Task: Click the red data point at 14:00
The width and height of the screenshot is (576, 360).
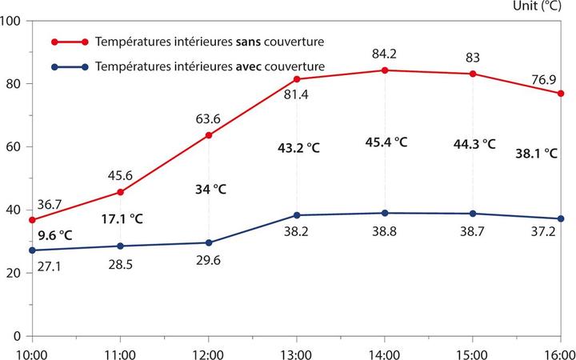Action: (x=385, y=70)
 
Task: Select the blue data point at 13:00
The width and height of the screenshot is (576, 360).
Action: (x=297, y=215)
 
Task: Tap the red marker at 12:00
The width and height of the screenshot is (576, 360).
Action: (x=209, y=135)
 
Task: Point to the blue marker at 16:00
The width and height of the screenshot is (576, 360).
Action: (x=561, y=218)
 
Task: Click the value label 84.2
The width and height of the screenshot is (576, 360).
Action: (x=385, y=55)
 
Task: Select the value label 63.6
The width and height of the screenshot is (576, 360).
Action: (x=209, y=120)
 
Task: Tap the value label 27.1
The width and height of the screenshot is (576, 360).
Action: (x=31, y=266)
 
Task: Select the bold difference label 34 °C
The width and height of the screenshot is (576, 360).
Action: (x=210, y=190)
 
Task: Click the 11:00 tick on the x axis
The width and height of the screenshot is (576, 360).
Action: (x=120, y=350)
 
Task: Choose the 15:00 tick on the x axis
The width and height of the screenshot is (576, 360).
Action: (x=472, y=350)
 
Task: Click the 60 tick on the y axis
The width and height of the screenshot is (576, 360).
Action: (x=17, y=146)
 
